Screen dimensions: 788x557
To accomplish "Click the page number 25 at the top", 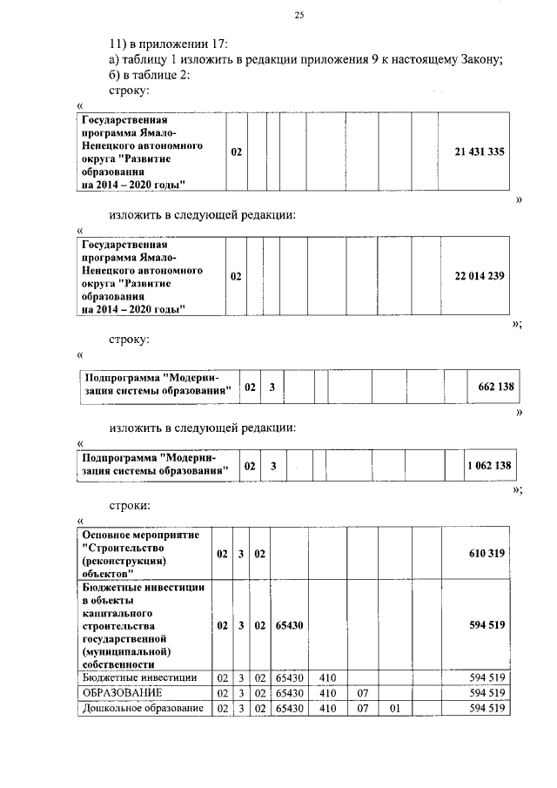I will click(x=299, y=15).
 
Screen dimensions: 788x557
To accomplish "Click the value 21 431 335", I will click(x=480, y=152).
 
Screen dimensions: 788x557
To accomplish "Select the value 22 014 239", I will click(x=480, y=276).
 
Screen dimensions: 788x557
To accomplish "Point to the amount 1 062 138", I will click(x=489, y=466).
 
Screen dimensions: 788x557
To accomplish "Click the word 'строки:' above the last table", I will click(x=131, y=504).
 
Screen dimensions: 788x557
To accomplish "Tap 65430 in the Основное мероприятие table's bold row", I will click(x=289, y=625).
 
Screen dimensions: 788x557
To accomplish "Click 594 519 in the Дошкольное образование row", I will click(x=487, y=708).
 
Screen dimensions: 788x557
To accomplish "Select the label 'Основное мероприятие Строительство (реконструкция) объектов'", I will click(x=139, y=554).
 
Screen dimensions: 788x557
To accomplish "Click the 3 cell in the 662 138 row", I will click(x=272, y=387).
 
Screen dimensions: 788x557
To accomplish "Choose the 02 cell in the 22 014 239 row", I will click(x=236, y=276).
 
